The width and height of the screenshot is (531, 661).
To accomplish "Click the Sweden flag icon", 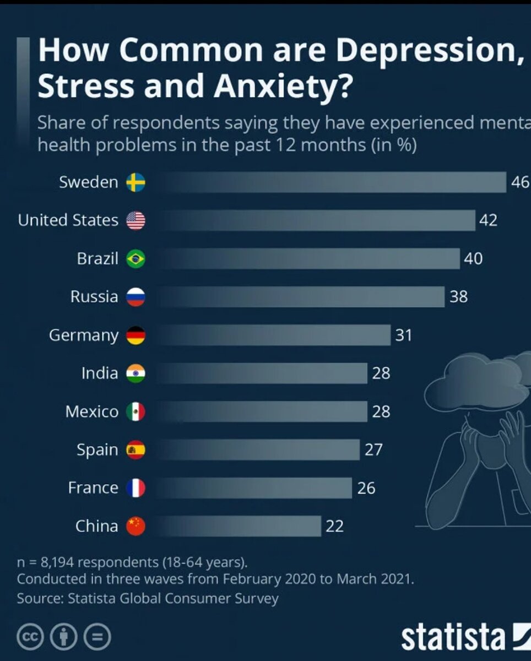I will pos(136,182).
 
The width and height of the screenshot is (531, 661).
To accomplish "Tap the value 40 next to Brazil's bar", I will pos(473,258).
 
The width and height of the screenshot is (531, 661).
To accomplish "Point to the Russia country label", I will pos(94,297).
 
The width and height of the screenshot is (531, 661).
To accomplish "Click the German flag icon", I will pos(136,335).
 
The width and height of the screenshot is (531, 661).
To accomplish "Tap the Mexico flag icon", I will pos(136,411).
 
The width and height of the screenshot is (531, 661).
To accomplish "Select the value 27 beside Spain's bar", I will pos(373,449).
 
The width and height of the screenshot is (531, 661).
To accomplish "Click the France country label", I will pos(93,487).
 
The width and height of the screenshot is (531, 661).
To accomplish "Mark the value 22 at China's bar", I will pos(334,526).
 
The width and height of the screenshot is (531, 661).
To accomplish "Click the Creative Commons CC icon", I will pos(30,637).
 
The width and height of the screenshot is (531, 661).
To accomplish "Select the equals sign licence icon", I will pos(97,637).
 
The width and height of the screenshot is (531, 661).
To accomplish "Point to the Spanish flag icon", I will pos(136,449).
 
